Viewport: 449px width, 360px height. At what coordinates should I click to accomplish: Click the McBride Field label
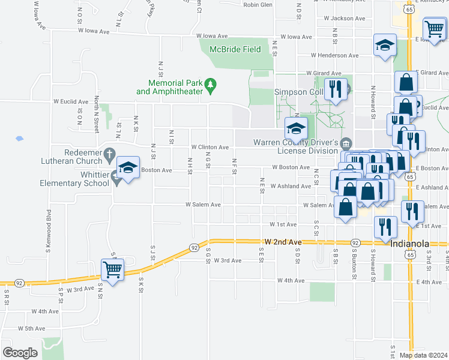[x=235, y=49]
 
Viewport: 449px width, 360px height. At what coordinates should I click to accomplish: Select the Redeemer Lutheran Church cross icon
[x=109, y=155]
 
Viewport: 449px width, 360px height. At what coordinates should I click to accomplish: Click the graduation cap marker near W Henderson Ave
[x=384, y=45]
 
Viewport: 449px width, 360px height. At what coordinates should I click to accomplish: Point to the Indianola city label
[x=410, y=244]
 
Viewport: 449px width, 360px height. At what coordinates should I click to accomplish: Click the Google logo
[x=20, y=353]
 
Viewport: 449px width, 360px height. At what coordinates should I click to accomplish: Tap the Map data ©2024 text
[x=423, y=355]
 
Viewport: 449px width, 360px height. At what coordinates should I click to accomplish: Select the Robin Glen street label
[x=258, y=4]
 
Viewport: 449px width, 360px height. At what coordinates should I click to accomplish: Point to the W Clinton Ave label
[x=210, y=147]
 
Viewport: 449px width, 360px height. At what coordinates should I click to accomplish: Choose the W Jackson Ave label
[x=345, y=19]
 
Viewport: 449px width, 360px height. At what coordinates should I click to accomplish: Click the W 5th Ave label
[x=32, y=328]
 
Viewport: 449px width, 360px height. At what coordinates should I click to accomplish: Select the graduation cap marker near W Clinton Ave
[x=295, y=128]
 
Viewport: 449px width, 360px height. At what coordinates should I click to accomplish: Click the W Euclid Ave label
[x=71, y=101]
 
